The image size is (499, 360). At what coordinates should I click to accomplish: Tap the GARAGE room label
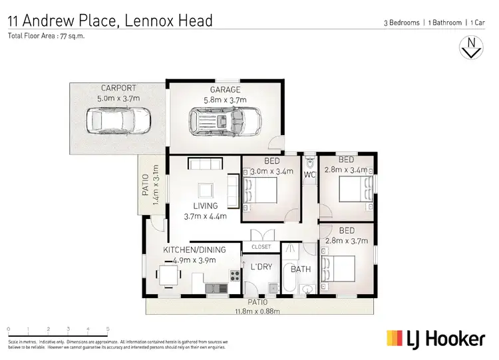click(x=225, y=90)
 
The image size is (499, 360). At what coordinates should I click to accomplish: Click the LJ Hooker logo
click(x=436, y=338)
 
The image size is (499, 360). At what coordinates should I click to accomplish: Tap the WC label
click(x=309, y=175)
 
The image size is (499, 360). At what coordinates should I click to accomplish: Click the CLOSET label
click(x=261, y=247)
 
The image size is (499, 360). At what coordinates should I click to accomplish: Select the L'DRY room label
click(x=261, y=268)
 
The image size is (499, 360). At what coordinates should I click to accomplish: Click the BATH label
click(x=301, y=270)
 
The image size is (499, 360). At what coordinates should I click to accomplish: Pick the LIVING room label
click(x=206, y=206)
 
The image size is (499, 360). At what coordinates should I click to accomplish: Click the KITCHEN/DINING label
click(x=194, y=250)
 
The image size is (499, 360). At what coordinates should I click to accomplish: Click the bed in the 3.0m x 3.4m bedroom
click(x=263, y=192)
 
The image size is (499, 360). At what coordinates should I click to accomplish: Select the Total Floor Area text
click(x=46, y=36)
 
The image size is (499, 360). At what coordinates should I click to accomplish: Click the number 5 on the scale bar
click(x=108, y=329)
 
